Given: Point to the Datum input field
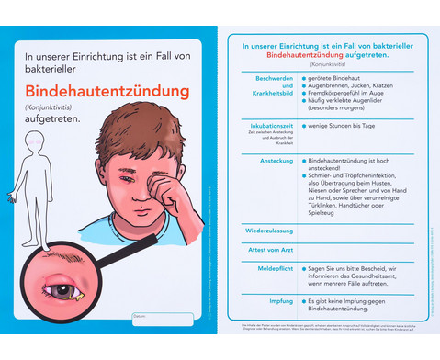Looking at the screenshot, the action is (163, 319).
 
